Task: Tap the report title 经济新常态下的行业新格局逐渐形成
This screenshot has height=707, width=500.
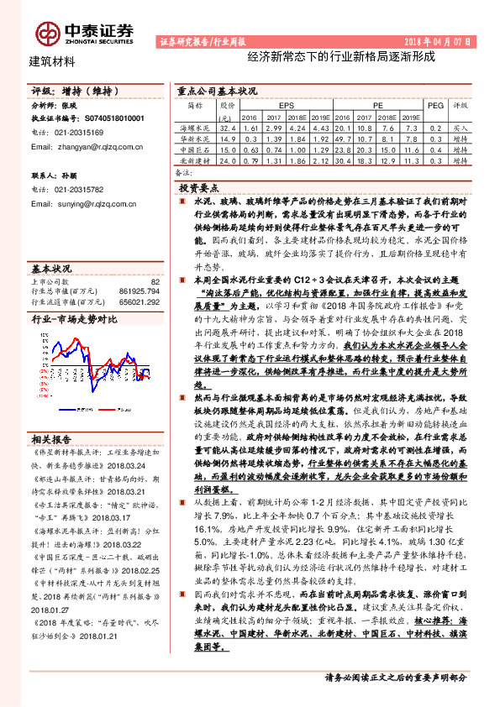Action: pyautogui.click(x=341, y=59)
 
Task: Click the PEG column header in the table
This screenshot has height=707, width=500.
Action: pyautogui.click(x=434, y=107)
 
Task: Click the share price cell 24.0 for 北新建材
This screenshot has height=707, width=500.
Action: pyautogui.click(x=226, y=159)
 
